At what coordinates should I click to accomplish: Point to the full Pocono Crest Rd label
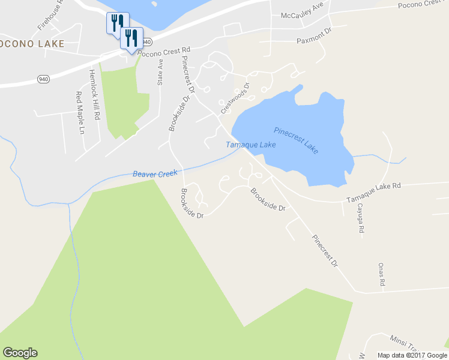(164, 51)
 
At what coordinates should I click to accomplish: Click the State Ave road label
(160, 72)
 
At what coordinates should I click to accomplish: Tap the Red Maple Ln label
(79, 112)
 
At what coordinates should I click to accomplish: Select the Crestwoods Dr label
(234, 98)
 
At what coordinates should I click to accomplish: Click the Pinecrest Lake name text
(296, 140)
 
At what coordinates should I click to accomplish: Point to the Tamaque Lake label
(251, 145)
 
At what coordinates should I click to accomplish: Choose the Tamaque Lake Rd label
(373, 193)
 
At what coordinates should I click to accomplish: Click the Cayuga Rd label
(361, 218)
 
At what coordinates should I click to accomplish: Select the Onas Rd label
(381, 274)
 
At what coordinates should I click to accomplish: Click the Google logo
(20, 353)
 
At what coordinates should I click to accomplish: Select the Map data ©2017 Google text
(411, 355)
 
